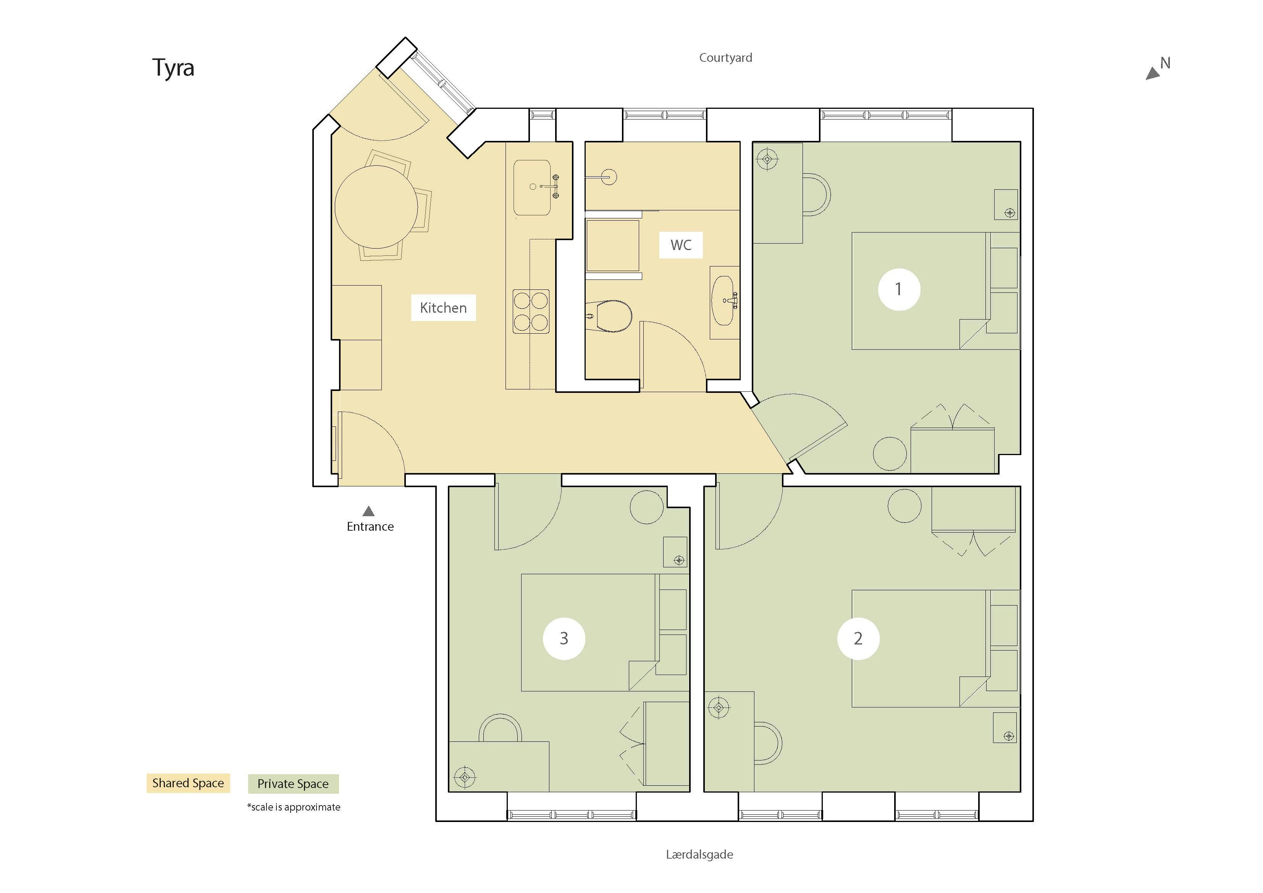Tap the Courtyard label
pyautogui.click(x=725, y=58)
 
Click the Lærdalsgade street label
pyautogui.click(x=699, y=854)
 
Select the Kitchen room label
pyautogui.click(x=443, y=308)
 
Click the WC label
pyautogui.click(x=681, y=245)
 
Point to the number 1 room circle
pyautogui.click(x=899, y=289)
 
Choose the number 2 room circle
pyautogui.click(x=858, y=638)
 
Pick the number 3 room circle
pyautogui.click(x=564, y=638)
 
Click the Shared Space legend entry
pyautogui.click(x=188, y=783)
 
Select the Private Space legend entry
pyautogui.click(x=293, y=783)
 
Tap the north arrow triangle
pyautogui.click(x=1152, y=74)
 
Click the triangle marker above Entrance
pyautogui.click(x=368, y=511)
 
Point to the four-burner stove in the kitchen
pyautogui.click(x=531, y=312)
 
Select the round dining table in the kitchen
pyautogui.click(x=376, y=207)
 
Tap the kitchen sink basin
pyautogui.click(x=532, y=187)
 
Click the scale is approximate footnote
pyautogui.click(x=294, y=807)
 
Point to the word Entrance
pyautogui.click(x=370, y=526)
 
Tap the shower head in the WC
pyautogui.click(x=609, y=177)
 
